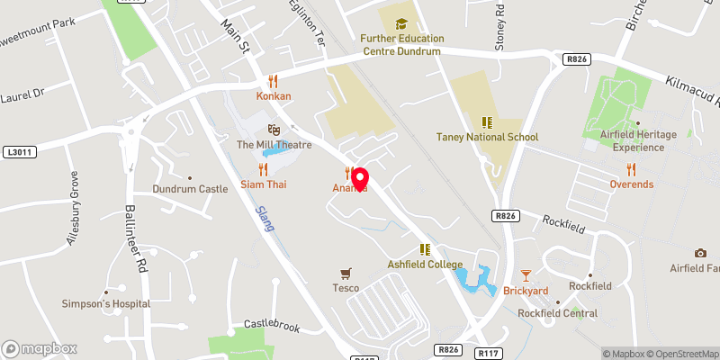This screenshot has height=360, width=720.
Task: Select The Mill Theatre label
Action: click(274, 145)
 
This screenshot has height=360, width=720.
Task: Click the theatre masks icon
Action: click(274, 130)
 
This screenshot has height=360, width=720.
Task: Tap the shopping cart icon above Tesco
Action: click(345, 272)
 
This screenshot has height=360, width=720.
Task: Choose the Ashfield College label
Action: click(424, 265)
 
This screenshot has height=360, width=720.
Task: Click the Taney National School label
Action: click(487, 138)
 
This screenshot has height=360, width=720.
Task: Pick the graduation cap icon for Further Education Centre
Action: click(400, 22)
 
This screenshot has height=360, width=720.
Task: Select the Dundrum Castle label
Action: click(189, 190)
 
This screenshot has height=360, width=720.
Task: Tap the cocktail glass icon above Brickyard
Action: click(526, 274)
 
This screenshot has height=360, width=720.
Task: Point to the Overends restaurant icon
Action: click(631, 168)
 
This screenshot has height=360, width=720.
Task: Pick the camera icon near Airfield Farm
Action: click(700, 253)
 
